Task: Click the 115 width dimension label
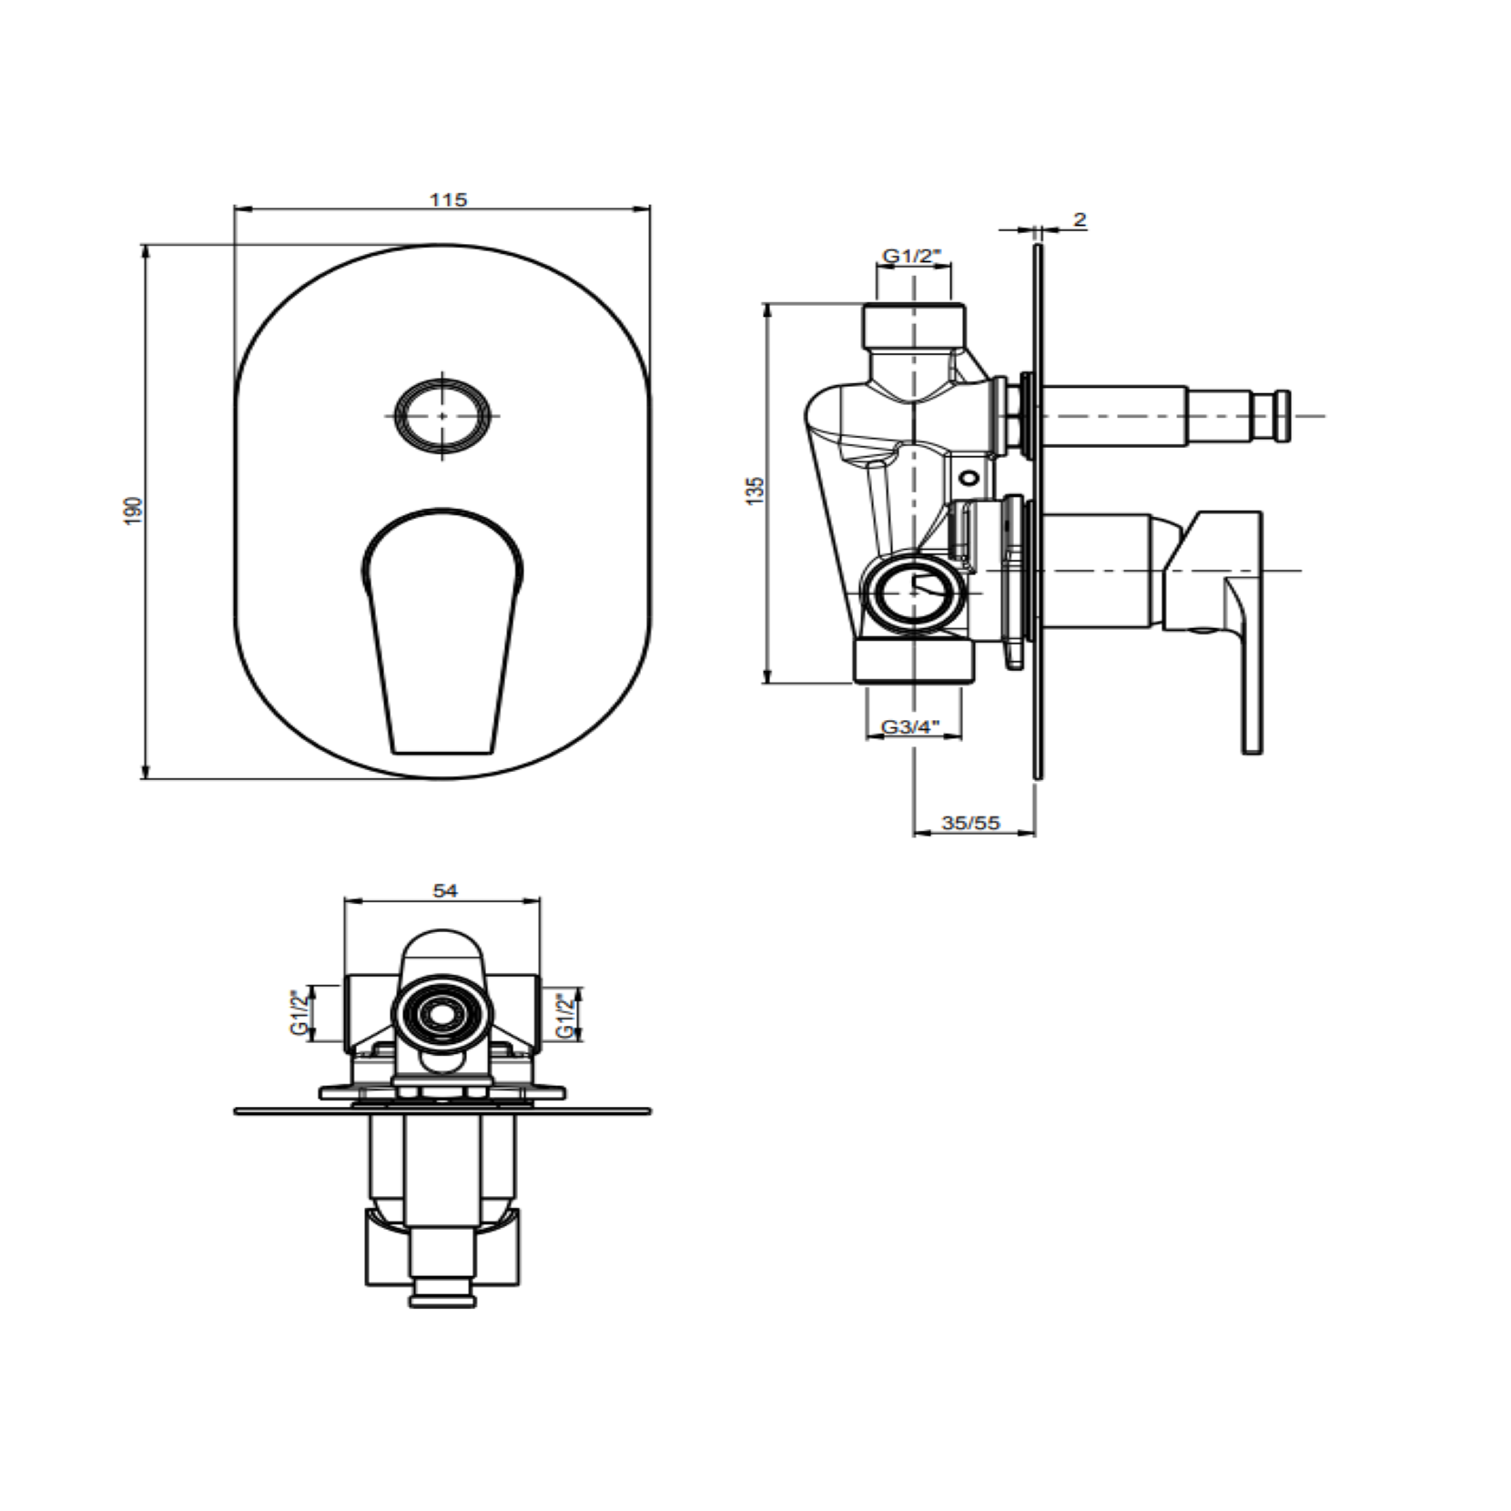pyautogui.click(x=449, y=199)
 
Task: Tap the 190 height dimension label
pyautogui.click(x=134, y=510)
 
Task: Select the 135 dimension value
pyautogui.click(x=755, y=491)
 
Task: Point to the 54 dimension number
pyautogui.click(x=445, y=890)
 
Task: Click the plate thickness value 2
pyautogui.click(x=1080, y=219)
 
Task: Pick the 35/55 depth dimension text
pyautogui.click(x=970, y=823)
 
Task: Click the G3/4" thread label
pyautogui.click(x=910, y=727)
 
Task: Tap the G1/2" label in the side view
pyautogui.click(x=913, y=257)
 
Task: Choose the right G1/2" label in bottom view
pyautogui.click(x=565, y=1014)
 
